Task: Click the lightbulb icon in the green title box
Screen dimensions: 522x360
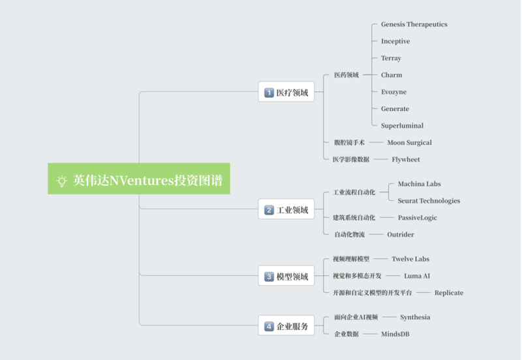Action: [x=61, y=181]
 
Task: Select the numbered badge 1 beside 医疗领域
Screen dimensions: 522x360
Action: [x=269, y=93]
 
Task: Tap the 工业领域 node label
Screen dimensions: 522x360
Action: [x=292, y=210]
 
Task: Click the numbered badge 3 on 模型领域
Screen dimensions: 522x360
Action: [x=269, y=277]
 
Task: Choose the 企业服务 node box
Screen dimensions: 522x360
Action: [x=286, y=325]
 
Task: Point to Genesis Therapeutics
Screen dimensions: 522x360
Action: [x=414, y=24]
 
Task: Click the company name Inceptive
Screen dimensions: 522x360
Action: [x=395, y=41]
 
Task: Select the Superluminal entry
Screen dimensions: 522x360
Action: [x=402, y=126]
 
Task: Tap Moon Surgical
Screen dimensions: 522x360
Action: [x=410, y=142]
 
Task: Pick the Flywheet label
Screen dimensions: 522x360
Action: [x=406, y=159]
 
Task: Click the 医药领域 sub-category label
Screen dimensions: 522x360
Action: [x=346, y=75]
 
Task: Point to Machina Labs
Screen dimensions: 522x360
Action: [x=419, y=184]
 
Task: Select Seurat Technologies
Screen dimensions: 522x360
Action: [x=429, y=201]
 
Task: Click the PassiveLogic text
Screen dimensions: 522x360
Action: [x=418, y=218]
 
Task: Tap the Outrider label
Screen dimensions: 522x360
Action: [x=401, y=235]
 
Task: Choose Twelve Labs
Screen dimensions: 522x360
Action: [x=410, y=259]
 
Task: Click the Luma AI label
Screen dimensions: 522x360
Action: [x=417, y=276]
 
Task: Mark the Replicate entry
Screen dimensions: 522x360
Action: [x=449, y=293]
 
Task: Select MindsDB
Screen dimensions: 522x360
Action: [x=395, y=334]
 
